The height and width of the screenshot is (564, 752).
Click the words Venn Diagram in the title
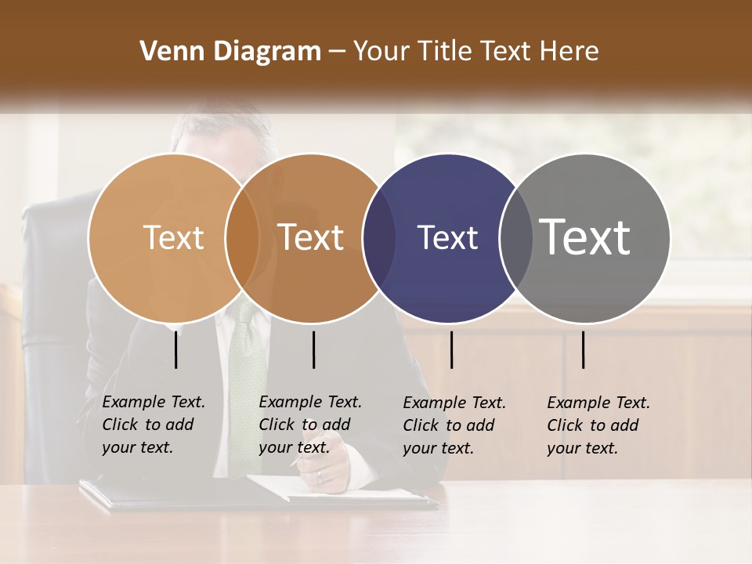click(230, 52)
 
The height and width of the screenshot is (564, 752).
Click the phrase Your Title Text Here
click(475, 52)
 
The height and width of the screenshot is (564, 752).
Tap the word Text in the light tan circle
click(173, 237)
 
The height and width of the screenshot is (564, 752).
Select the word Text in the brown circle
click(311, 237)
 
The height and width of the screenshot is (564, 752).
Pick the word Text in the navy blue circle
click(447, 237)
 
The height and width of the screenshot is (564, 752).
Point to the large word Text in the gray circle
click(585, 237)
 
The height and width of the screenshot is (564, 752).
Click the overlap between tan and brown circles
click(242, 237)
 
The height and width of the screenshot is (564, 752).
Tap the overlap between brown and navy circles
click(379, 237)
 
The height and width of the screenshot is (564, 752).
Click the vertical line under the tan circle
click(176, 349)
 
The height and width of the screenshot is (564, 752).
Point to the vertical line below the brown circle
click(313, 349)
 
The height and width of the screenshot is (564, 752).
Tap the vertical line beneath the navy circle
click(451, 349)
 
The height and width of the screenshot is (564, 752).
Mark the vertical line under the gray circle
click(583, 349)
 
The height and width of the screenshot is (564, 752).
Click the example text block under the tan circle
click(154, 425)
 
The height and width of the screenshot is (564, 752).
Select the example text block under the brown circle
click(310, 425)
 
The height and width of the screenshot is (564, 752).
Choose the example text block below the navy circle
click(454, 425)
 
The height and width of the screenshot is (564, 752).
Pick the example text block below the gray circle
click(598, 425)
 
